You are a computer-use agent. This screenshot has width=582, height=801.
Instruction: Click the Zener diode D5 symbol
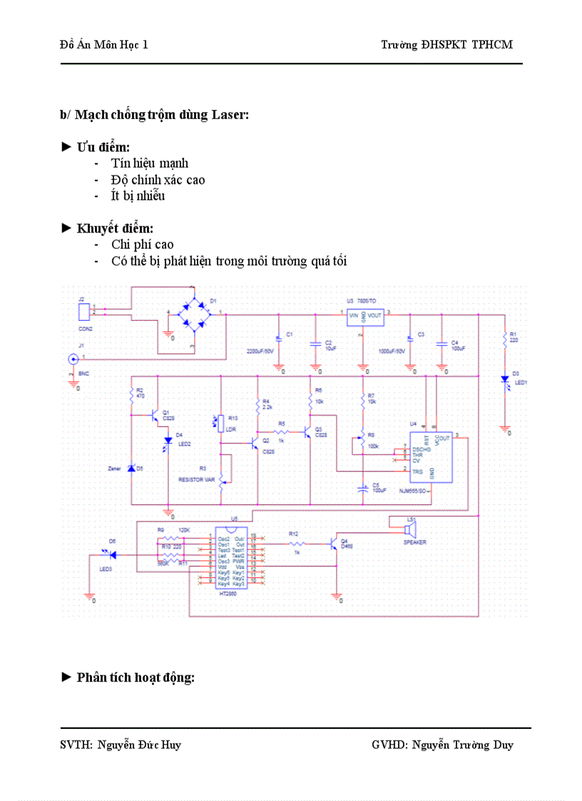pyautogui.click(x=131, y=469)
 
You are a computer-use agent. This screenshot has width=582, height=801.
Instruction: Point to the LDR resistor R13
pyautogui.click(x=221, y=422)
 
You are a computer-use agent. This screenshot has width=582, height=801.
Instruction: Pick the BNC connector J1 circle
pyautogui.click(x=73, y=360)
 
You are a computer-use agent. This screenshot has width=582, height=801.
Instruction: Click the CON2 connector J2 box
pyautogui.click(x=84, y=312)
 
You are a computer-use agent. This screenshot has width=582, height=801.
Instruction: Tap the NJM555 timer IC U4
pyautogui.click(x=432, y=456)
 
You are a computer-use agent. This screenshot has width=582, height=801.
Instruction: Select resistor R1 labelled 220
pyautogui.click(x=505, y=337)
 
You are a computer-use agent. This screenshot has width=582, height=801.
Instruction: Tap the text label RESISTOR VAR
pyautogui.click(x=196, y=480)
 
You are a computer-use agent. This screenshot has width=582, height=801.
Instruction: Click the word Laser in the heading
pyautogui.click(x=230, y=115)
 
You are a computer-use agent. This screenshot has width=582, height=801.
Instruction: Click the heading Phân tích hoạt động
pyautogui.click(x=135, y=677)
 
